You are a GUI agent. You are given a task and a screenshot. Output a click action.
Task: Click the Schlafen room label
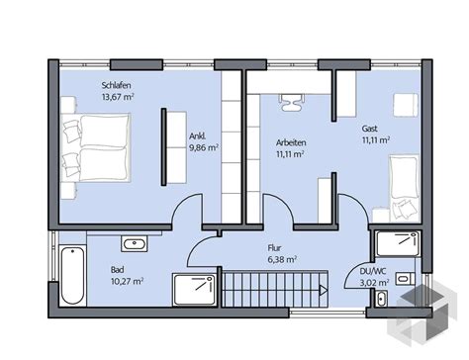(x=116, y=85)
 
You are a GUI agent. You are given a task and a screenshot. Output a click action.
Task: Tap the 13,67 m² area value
(x=118, y=97)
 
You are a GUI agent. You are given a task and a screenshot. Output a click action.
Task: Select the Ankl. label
(x=197, y=136)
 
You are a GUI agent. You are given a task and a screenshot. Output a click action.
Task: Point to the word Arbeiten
(x=291, y=142)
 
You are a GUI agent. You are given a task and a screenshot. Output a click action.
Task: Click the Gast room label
(x=369, y=129)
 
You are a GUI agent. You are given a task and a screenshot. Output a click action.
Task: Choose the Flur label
(x=274, y=247)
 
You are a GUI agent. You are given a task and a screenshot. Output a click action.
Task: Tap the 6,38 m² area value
(x=282, y=259)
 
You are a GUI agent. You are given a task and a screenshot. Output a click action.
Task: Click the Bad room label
(x=118, y=270)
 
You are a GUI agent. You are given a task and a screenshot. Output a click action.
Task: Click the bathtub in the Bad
(x=73, y=276)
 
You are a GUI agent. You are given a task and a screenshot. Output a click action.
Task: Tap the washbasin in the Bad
(x=135, y=244)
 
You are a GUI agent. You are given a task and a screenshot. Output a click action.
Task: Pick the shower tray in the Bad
(x=195, y=290)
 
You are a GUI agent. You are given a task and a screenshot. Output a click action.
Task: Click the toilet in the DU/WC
(x=406, y=279)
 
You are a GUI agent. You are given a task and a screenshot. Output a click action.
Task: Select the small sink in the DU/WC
(x=381, y=299)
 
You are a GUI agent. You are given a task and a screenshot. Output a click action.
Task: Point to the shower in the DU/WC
(x=399, y=244)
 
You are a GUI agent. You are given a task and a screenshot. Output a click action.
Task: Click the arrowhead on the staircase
(x=324, y=290)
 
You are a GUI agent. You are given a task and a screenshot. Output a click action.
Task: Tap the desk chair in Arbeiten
(x=290, y=102)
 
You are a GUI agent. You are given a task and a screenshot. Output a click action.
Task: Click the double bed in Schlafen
(x=96, y=147)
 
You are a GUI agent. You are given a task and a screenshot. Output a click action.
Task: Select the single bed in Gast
(x=405, y=188)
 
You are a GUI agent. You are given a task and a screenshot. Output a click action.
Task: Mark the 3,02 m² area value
(x=375, y=283)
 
